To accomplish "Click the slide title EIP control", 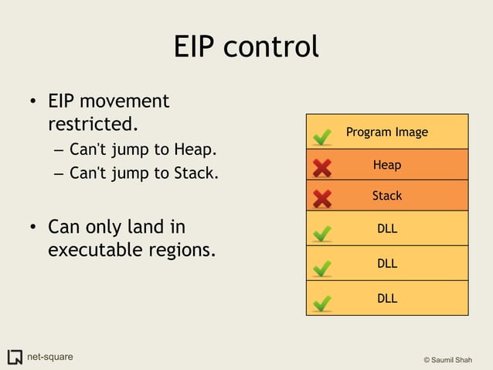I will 246,47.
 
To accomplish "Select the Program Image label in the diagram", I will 386,132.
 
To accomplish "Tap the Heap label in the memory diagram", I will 386,165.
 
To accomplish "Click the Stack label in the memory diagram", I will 386,196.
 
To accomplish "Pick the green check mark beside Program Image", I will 323,137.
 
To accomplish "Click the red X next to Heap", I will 322,167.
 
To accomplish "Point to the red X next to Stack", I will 322,198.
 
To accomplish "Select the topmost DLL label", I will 386,229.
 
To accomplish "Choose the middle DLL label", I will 386,263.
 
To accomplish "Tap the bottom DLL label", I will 386,298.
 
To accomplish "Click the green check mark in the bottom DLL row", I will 323,302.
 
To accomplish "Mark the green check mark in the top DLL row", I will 323,232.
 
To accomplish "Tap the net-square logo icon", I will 15,357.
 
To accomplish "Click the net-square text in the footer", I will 50,357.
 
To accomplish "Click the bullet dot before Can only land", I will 34,228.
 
